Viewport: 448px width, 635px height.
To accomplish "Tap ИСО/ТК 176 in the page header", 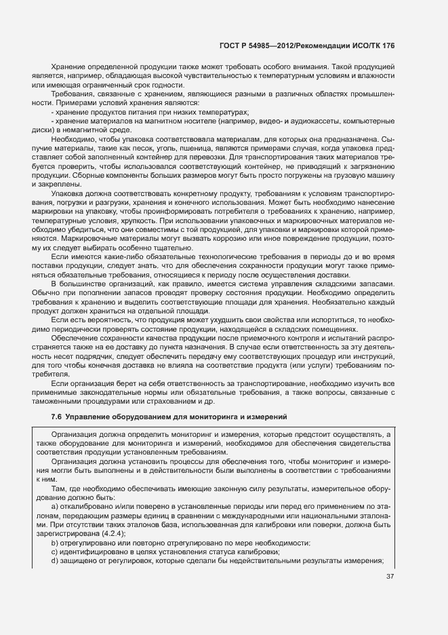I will pos(372,45).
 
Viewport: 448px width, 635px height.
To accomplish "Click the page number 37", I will pos(389,577).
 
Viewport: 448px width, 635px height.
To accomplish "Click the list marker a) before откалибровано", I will pos(55,507).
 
